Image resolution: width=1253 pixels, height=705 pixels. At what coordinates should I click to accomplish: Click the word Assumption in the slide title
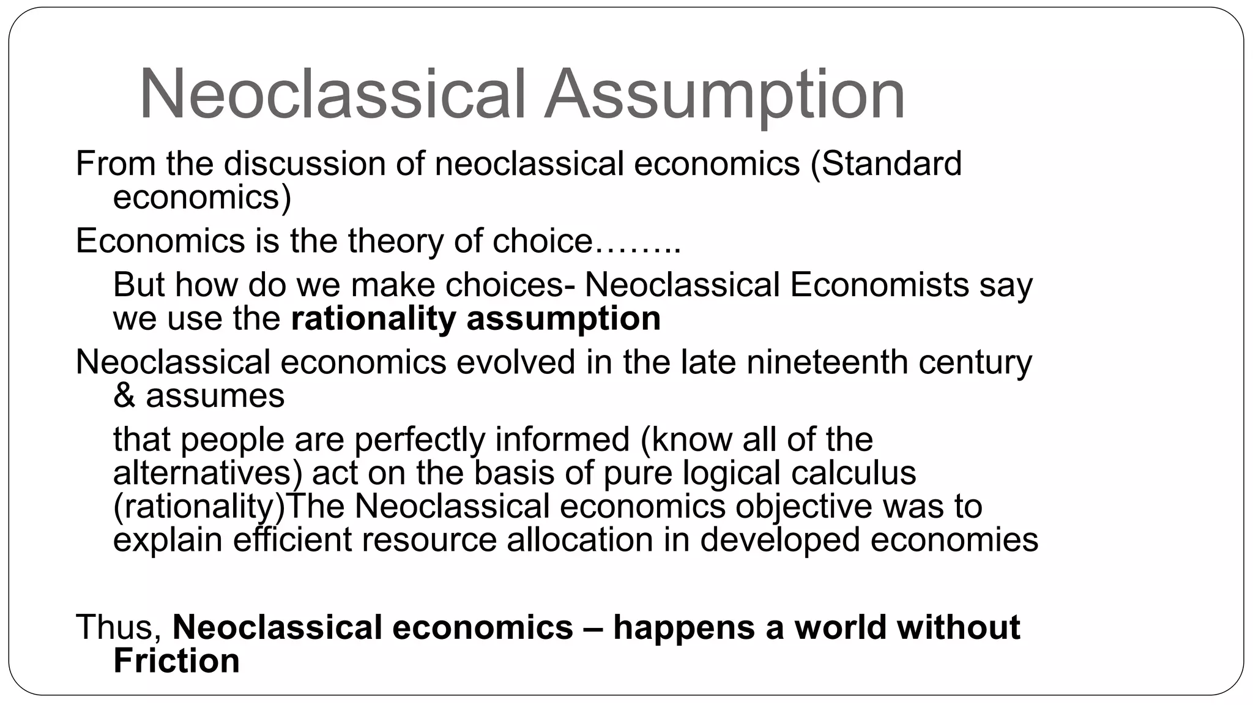point(724,95)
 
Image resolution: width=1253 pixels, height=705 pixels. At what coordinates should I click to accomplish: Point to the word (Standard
point(887,164)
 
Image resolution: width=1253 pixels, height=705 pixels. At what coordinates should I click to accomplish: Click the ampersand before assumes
point(124,396)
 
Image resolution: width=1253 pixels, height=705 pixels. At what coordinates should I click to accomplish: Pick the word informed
point(562,439)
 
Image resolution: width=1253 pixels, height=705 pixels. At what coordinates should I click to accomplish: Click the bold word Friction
point(176,661)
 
